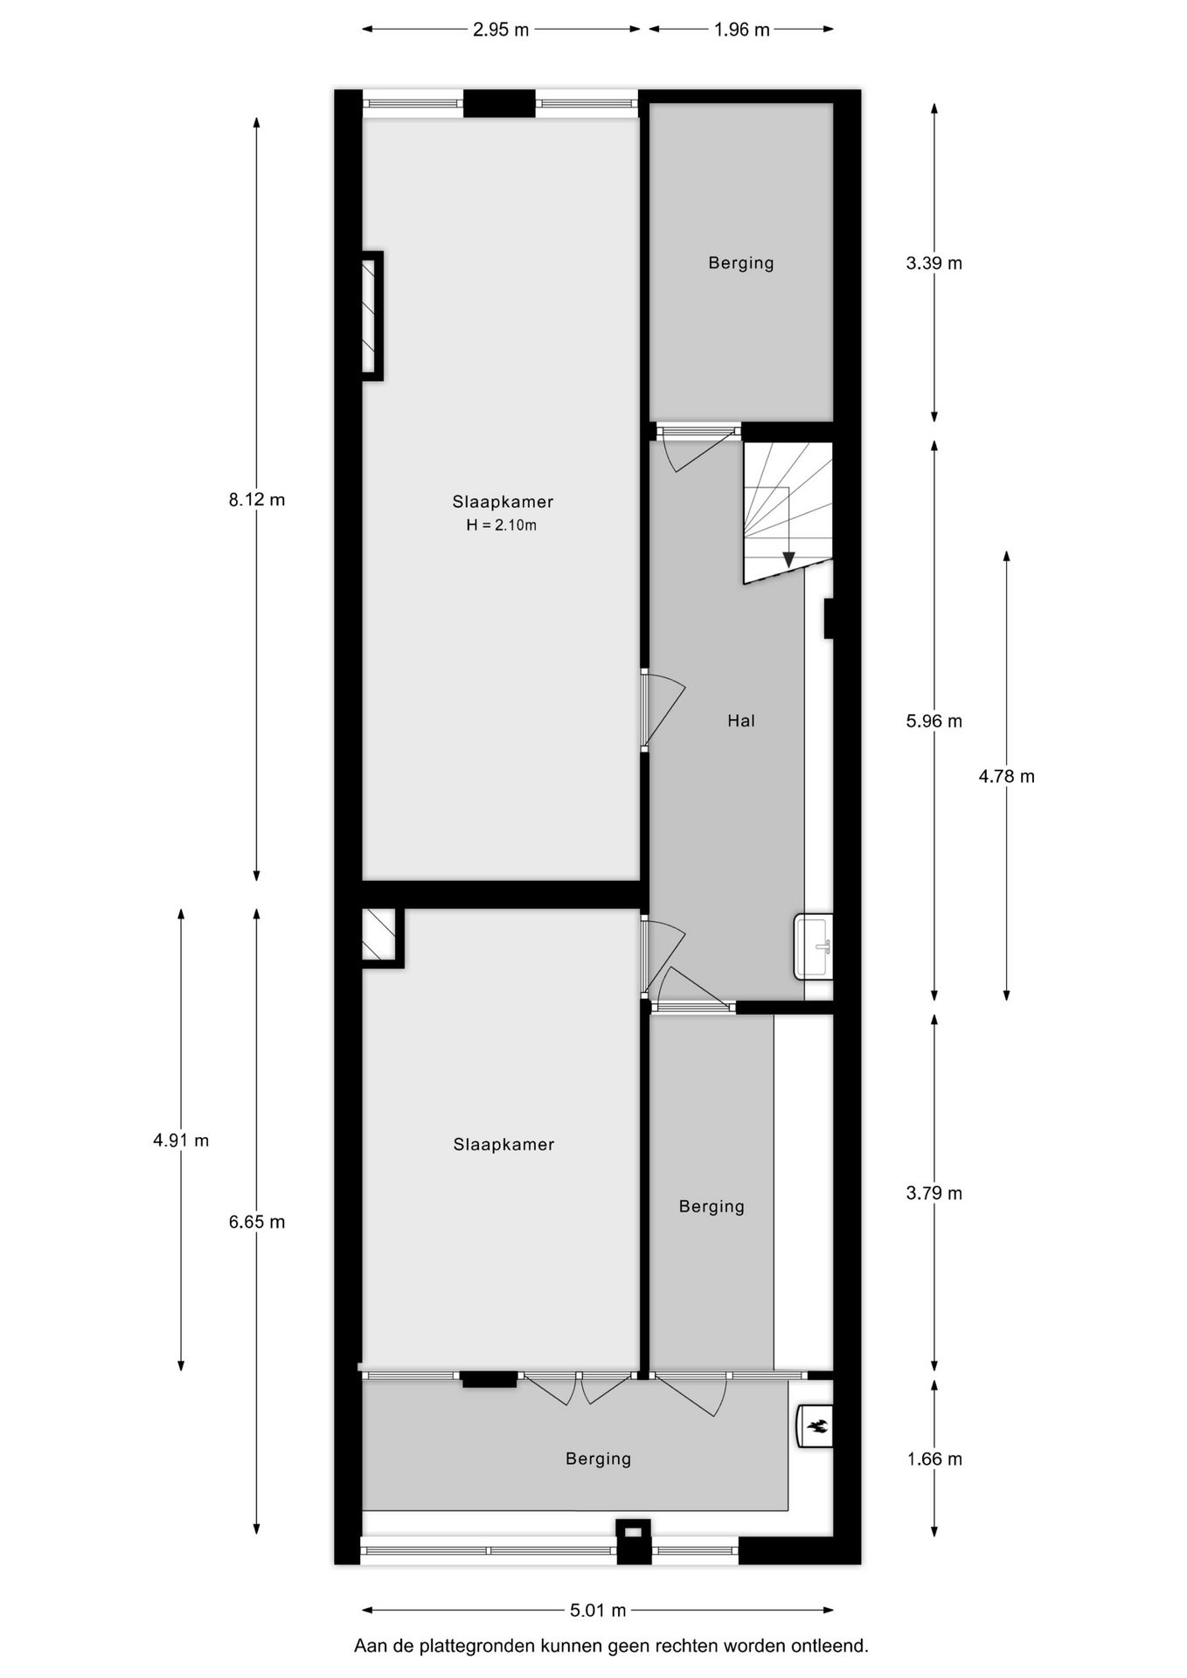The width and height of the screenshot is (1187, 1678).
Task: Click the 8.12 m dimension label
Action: coord(256,500)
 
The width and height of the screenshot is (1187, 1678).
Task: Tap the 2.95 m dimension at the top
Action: coord(501,30)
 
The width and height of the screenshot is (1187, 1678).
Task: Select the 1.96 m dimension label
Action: coord(741,30)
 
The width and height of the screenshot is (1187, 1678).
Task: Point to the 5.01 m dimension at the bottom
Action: coord(598,1610)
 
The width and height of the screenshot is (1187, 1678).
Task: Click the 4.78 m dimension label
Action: coord(1006,776)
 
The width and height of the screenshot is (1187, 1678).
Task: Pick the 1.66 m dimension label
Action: coord(934,1459)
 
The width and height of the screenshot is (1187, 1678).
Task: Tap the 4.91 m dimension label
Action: coord(181,1140)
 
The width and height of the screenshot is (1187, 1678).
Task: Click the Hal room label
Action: coord(740,721)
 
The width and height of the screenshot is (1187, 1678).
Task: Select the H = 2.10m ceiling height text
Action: coord(501,525)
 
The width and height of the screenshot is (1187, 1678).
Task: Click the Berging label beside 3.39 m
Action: coord(740,263)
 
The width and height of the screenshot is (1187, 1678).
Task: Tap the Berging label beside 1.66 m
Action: coord(598,1459)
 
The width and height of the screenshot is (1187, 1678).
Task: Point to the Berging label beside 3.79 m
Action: coord(712,1207)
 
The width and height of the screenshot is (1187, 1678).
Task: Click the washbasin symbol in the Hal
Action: coord(814,946)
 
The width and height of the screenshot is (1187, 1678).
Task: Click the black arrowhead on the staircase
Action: coord(788,559)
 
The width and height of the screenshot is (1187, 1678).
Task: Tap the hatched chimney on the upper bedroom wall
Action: coord(371,315)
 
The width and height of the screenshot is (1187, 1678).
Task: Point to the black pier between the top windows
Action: coord(498,103)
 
